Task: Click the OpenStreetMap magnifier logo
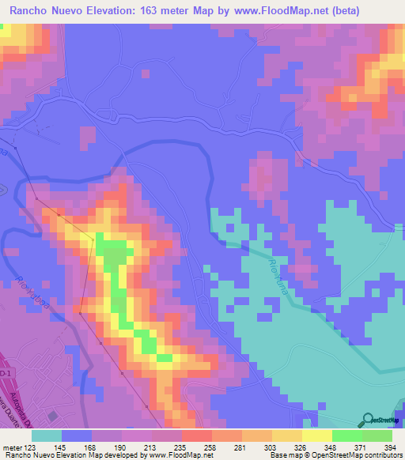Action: [x=369, y=420]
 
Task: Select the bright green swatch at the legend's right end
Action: [x=377, y=436]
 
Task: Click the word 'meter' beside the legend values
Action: [x=11, y=447]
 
